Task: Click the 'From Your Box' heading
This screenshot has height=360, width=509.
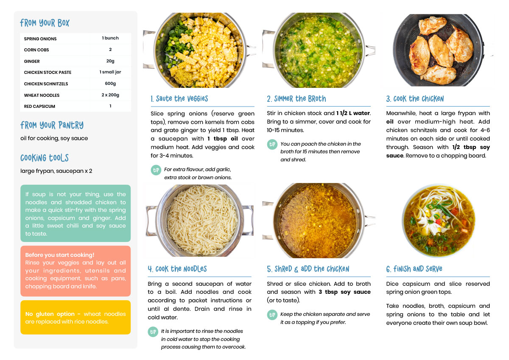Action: pyautogui.click(x=45, y=23)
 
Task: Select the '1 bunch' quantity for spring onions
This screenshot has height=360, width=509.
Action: pyautogui.click(x=110, y=38)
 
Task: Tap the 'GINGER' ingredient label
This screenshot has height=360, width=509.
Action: pyautogui.click(x=32, y=62)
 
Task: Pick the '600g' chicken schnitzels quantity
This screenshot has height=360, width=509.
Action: pyautogui.click(x=110, y=84)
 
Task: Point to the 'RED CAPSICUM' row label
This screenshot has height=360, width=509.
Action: pyautogui.click(x=39, y=107)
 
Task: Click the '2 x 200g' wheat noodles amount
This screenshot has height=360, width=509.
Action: pyautogui.click(x=110, y=95)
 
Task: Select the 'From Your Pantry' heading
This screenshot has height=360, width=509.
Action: pyautogui.click(x=52, y=125)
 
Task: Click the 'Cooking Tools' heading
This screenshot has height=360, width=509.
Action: pyautogui.click(x=44, y=158)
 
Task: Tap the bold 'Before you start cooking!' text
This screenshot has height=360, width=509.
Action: pyautogui.click(x=59, y=255)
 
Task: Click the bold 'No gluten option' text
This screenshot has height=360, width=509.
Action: pyautogui.click(x=50, y=314)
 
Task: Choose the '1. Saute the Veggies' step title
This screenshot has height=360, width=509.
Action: pyautogui.click(x=179, y=98)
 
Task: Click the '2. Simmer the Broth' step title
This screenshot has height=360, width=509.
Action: pyautogui.click(x=296, y=98)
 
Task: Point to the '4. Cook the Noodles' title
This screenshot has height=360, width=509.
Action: pyautogui.click(x=177, y=269)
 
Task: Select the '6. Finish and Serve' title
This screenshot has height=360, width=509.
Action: pyautogui.click(x=414, y=269)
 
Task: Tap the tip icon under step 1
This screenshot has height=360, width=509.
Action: pyautogui.click(x=156, y=170)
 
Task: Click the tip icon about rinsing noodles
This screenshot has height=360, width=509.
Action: pyautogui.click(x=153, y=332)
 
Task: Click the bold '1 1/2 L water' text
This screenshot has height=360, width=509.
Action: pyautogui.click(x=353, y=113)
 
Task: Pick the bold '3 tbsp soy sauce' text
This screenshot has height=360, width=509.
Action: pyautogui.click(x=344, y=292)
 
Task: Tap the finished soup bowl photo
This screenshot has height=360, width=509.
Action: pyautogui.click(x=439, y=221)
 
